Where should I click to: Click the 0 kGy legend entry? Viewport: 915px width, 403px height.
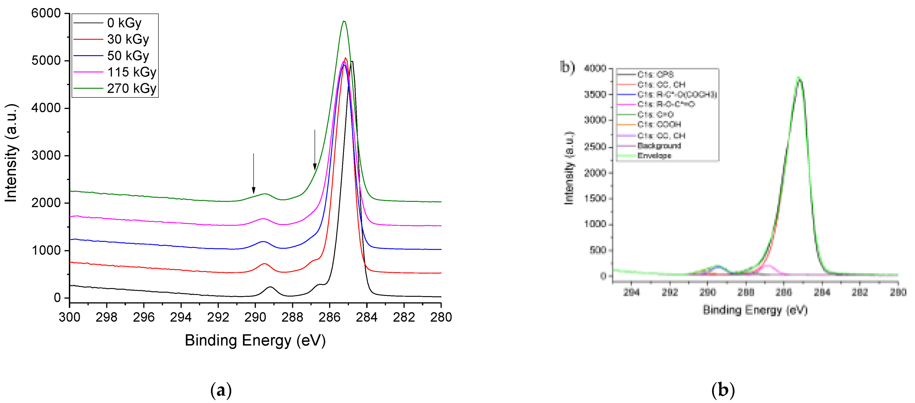coord(124,23)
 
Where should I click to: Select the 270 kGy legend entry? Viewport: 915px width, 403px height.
coord(131,88)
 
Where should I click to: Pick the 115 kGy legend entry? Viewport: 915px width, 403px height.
coord(131,72)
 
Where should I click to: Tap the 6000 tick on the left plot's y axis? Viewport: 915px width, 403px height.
coord(46,13)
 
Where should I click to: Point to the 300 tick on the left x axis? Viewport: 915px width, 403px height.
coord(69,317)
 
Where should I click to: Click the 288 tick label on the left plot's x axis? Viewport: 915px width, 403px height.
coord(292,317)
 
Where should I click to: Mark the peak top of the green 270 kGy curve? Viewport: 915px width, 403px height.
coord(344,21)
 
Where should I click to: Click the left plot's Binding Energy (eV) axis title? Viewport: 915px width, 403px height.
coord(255,340)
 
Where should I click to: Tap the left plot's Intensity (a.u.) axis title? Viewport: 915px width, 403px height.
coord(11,153)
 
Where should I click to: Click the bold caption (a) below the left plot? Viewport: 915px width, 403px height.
coord(221,390)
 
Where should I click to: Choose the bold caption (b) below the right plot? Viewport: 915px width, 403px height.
coord(723,390)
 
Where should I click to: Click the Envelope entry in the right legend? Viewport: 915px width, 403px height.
coord(654,156)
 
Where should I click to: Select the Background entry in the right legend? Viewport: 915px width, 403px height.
coord(659,146)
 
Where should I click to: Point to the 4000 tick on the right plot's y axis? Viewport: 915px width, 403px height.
coord(595,68)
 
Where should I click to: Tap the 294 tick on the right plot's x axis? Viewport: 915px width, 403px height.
coord(632,292)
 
